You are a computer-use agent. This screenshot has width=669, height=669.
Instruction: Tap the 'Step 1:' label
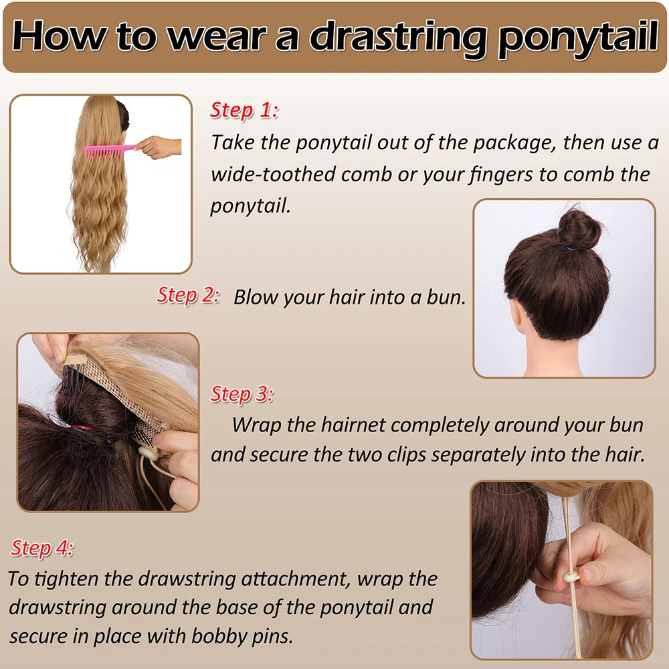pyautogui.click(x=244, y=110)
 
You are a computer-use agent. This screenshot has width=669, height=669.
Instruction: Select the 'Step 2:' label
pyautogui.click(x=188, y=295)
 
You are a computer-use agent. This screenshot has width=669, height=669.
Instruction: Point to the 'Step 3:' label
pyautogui.click(x=242, y=394)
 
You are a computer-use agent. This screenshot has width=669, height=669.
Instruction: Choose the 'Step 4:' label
pyautogui.click(x=41, y=548)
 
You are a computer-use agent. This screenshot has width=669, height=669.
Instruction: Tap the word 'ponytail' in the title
pyautogui.click(x=578, y=37)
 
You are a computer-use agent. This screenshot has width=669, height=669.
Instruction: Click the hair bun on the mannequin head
pyautogui.click(x=579, y=229)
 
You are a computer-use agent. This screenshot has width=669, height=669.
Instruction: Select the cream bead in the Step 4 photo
pyautogui.click(x=571, y=577)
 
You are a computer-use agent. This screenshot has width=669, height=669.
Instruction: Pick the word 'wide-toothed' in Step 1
pyautogui.click(x=273, y=175)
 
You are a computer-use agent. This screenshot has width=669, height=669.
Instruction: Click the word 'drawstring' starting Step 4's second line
pyautogui.click(x=57, y=607)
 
